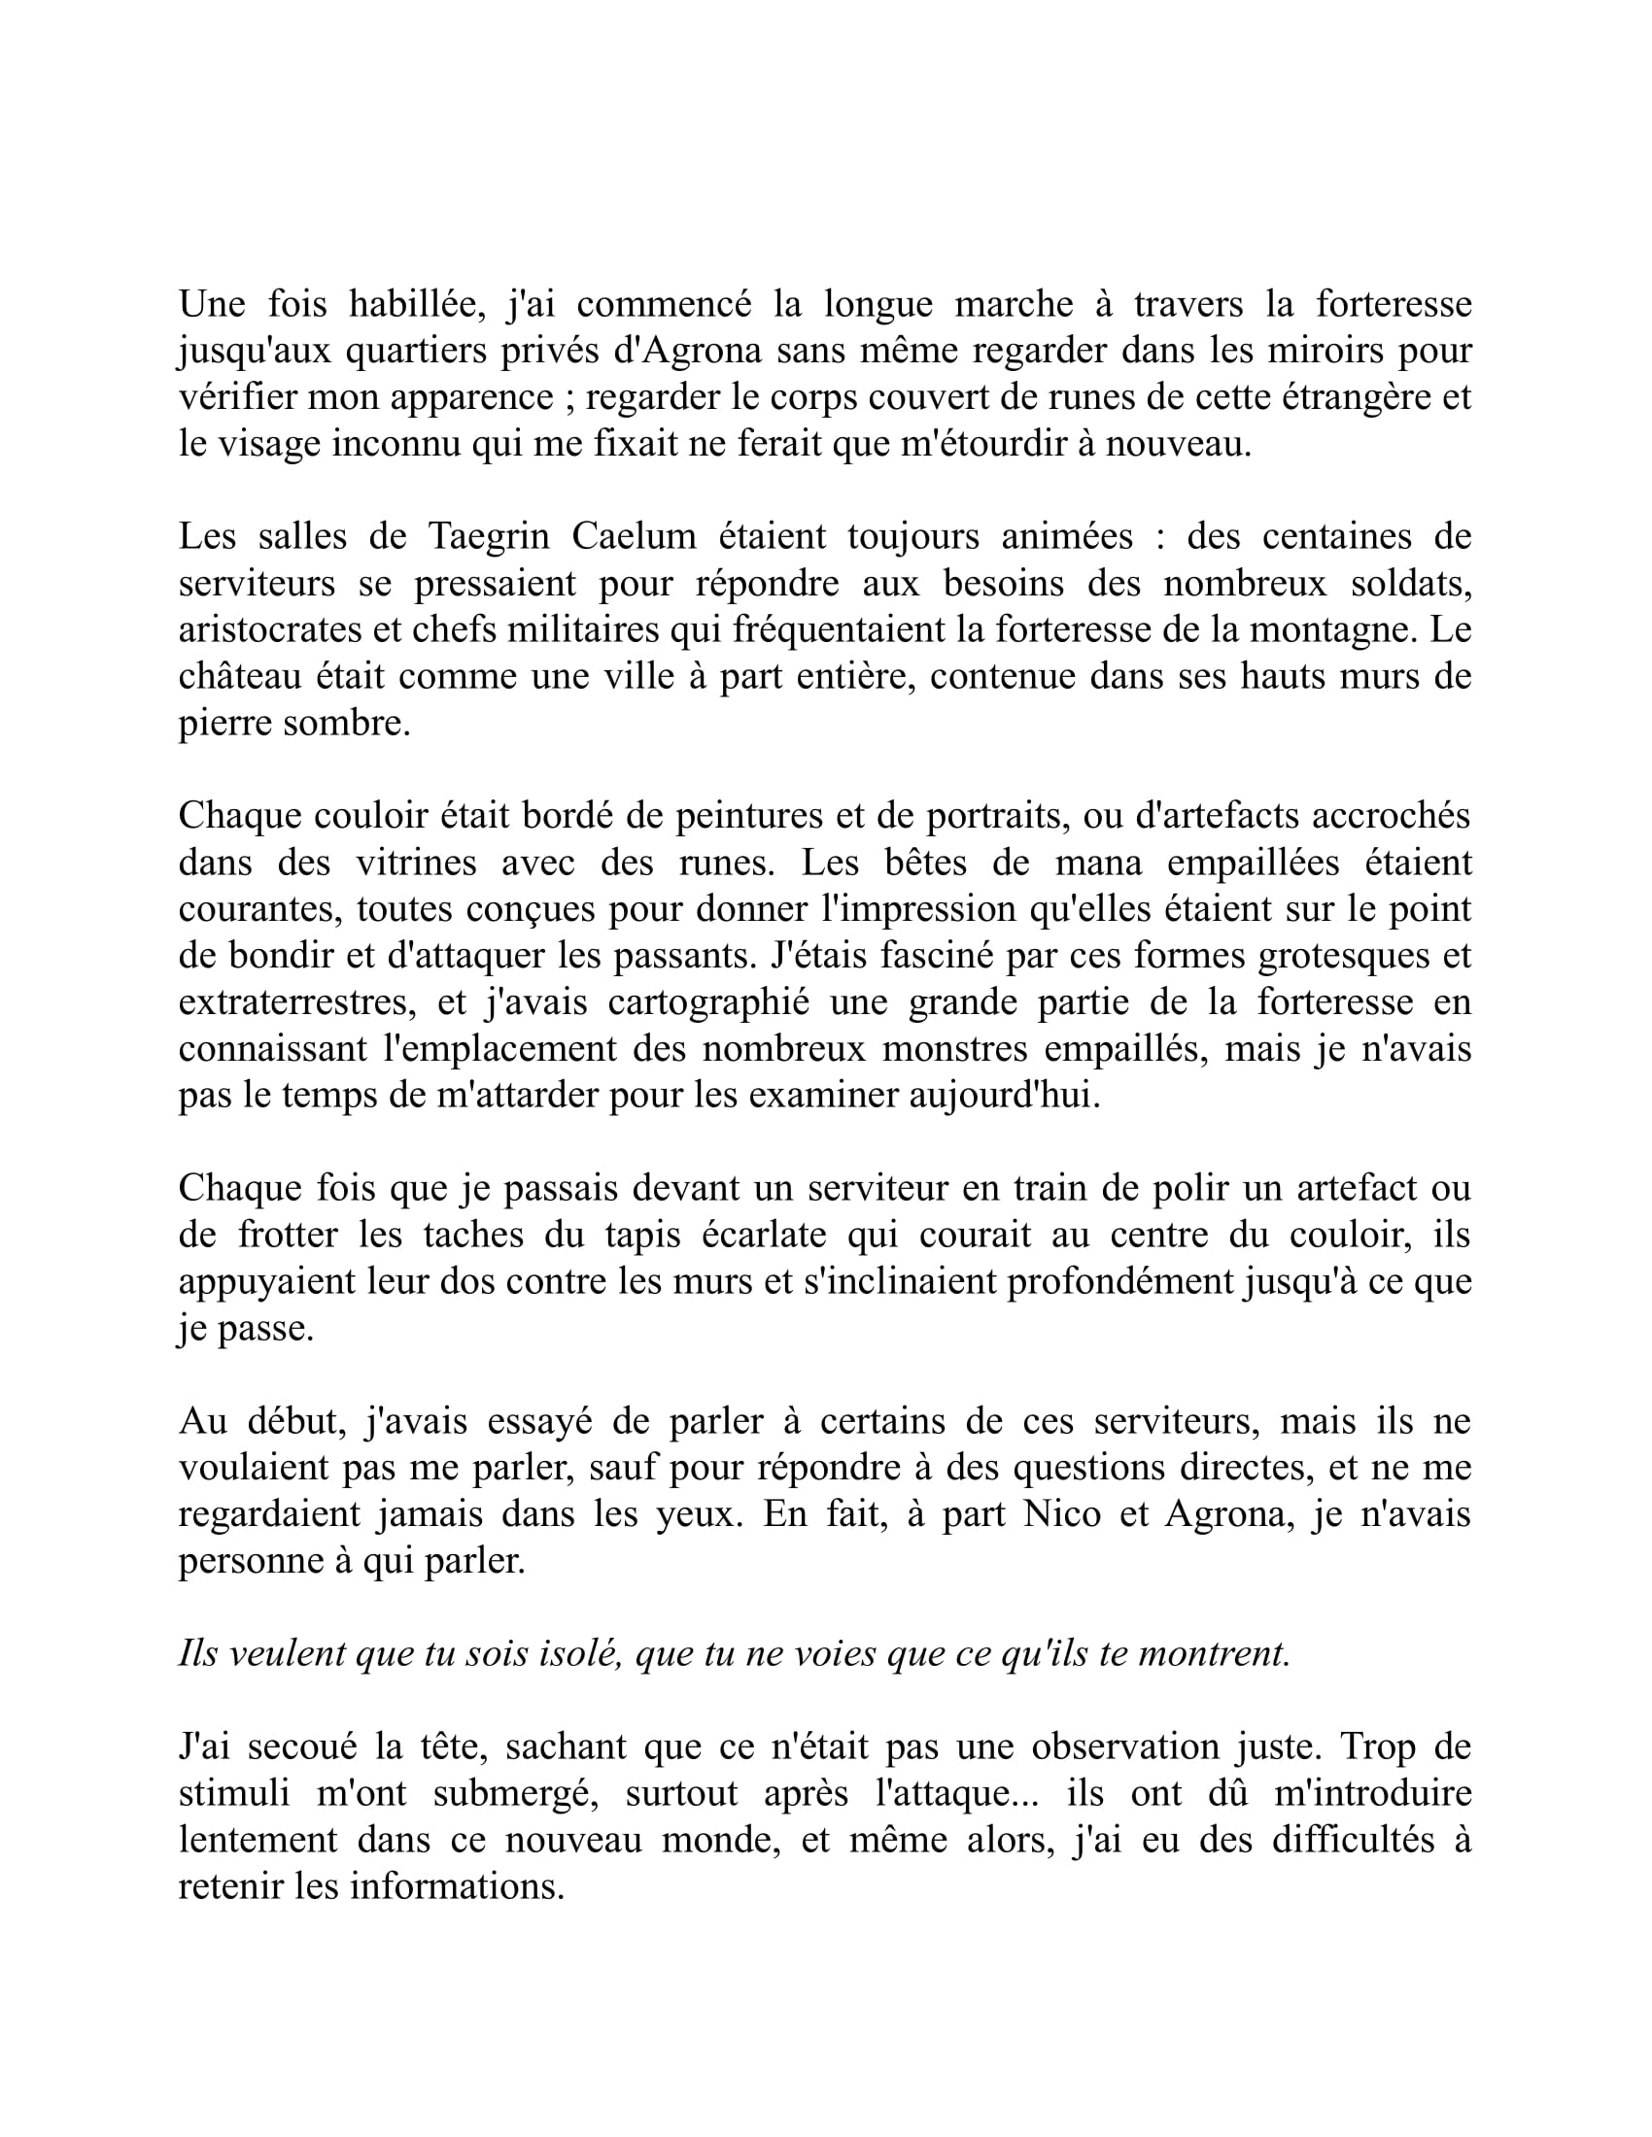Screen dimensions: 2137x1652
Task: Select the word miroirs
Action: click(x=1321, y=351)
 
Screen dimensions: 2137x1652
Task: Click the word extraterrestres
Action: click(x=292, y=1002)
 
